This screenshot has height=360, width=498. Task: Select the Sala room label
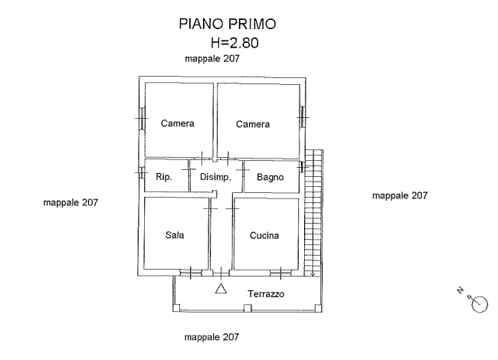[174, 235]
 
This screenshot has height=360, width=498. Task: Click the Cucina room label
[264, 235]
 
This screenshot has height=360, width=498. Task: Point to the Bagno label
[270, 178]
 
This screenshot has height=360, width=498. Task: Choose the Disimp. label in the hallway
[215, 178]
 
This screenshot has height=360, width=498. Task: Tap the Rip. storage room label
[162, 178]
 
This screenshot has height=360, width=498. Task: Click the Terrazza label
[266, 294]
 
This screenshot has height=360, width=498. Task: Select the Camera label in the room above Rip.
[177, 123]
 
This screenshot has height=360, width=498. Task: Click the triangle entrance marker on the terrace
[221, 290]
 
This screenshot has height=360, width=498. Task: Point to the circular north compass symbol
[480, 303]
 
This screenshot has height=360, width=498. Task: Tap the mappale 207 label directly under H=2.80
[214, 59]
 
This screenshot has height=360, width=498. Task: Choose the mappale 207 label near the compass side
[399, 196]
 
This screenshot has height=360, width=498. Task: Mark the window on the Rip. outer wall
[141, 172]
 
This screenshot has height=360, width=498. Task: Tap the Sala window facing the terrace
[186, 272]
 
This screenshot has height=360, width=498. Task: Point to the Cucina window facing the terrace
[284, 271]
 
